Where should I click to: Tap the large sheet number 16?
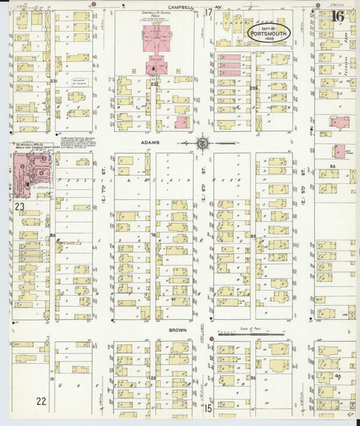(338, 16)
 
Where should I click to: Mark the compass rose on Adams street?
(203, 143)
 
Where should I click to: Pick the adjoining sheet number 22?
(41, 401)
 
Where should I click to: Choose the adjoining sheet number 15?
(209, 408)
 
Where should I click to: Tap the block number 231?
(52, 81)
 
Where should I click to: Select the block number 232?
(154, 84)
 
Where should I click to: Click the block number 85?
(52, 235)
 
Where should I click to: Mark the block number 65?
(254, 236)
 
